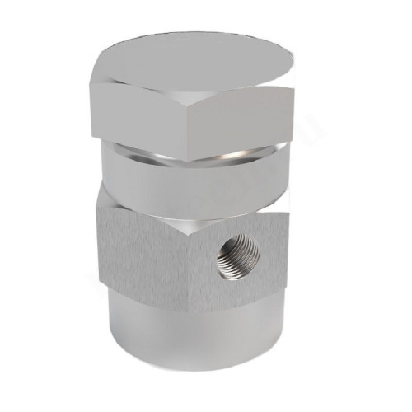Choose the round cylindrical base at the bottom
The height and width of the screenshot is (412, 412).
tap(194, 330)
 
